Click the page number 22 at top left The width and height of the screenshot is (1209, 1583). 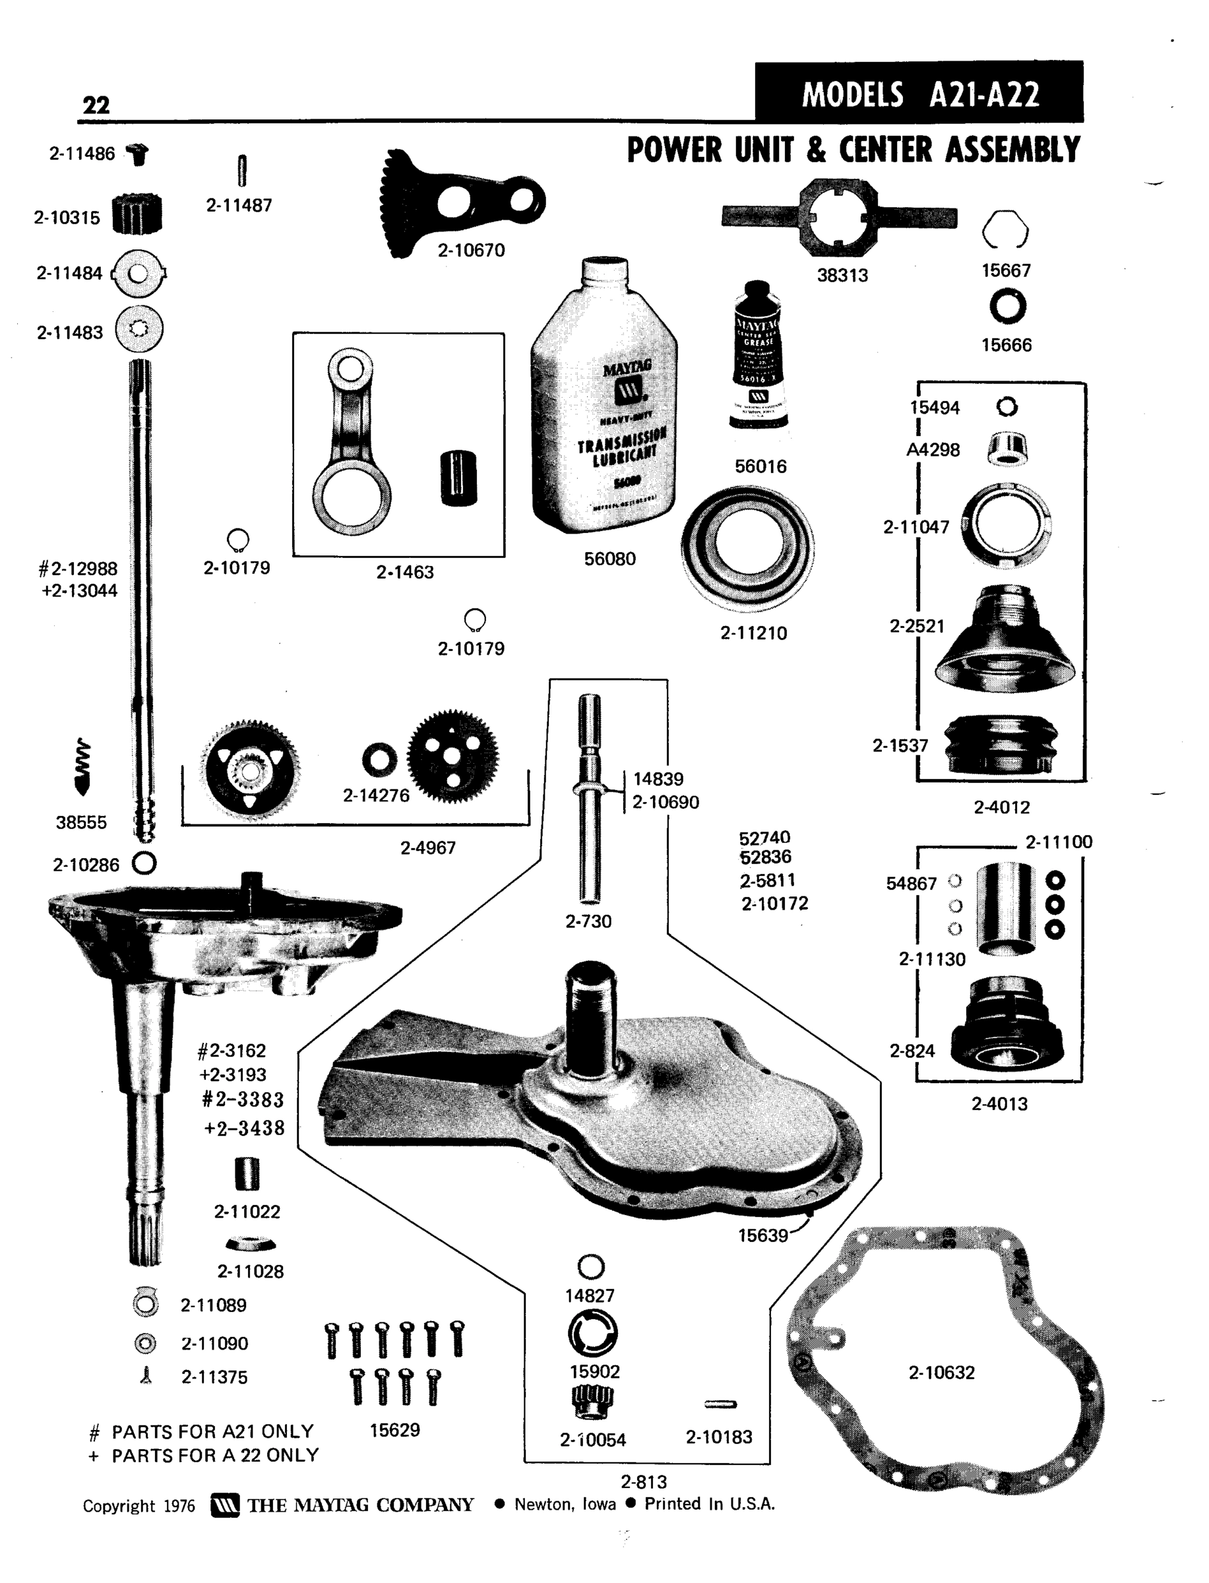[96, 105]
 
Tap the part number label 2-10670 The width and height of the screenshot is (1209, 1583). [472, 251]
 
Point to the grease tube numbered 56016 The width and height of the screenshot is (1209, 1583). [758, 356]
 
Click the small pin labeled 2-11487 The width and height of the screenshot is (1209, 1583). [242, 171]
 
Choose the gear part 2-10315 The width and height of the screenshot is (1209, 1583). [137, 214]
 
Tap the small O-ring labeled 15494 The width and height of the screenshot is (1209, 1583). [1007, 407]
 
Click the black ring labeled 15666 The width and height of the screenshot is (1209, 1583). [1007, 306]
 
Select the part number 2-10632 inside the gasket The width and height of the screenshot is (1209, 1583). [941, 1372]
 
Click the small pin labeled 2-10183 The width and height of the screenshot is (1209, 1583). [720, 1404]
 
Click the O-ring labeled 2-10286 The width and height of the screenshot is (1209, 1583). [144, 863]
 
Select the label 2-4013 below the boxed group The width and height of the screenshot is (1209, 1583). [999, 1103]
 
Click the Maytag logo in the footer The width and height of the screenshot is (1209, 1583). [224, 1506]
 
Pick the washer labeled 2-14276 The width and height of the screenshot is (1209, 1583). [379, 760]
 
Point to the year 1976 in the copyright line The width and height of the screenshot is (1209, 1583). [179, 1506]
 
